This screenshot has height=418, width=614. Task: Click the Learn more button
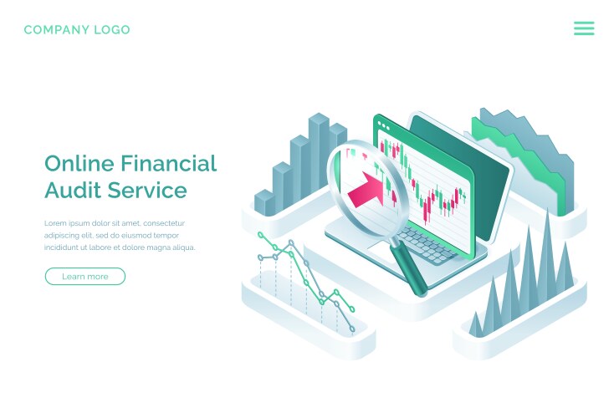click(84, 277)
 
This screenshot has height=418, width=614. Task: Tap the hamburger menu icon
click(584, 28)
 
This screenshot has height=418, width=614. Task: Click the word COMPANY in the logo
click(55, 30)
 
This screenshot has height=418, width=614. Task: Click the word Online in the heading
click(79, 163)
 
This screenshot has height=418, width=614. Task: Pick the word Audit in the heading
click(72, 191)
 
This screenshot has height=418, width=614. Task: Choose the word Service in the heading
click(148, 191)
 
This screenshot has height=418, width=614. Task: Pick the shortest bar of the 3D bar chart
click(264, 202)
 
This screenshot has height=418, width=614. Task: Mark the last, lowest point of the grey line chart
click(352, 329)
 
